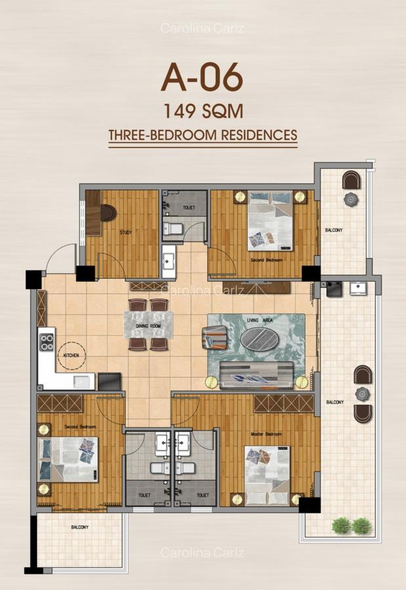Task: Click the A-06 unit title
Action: coord(203,79)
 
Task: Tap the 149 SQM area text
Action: coord(203,110)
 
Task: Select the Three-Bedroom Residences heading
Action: coord(203,136)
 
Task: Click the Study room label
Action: coord(127,232)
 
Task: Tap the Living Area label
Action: coord(256,319)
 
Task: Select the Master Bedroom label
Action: coord(266,434)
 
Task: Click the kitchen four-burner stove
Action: coord(47,341)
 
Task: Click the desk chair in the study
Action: coord(108,213)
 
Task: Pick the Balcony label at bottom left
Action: coord(79,526)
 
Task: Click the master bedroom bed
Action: coord(267,471)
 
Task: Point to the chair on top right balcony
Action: coord(351,180)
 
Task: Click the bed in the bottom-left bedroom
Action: coord(68,459)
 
